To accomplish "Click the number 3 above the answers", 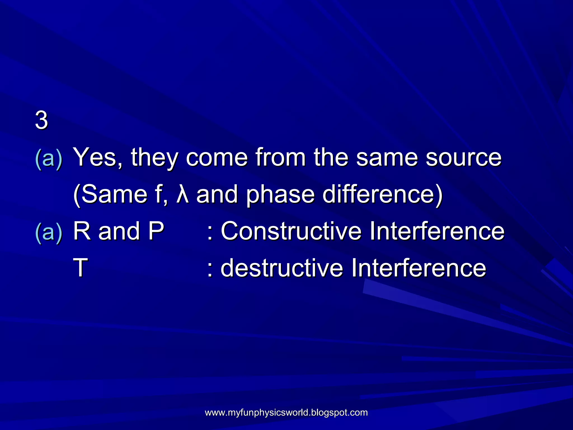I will click(41, 120).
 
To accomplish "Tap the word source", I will click(464, 158).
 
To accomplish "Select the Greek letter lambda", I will click(183, 194).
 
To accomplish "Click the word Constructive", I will click(291, 231).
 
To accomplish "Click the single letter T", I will click(81, 268).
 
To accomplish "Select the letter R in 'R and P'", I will click(82, 231).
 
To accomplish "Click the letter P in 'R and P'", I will click(156, 231).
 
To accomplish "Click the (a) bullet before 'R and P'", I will click(49, 233).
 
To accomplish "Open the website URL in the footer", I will click(286, 412).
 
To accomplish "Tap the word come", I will click(217, 158).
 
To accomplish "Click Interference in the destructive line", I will click(418, 268).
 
